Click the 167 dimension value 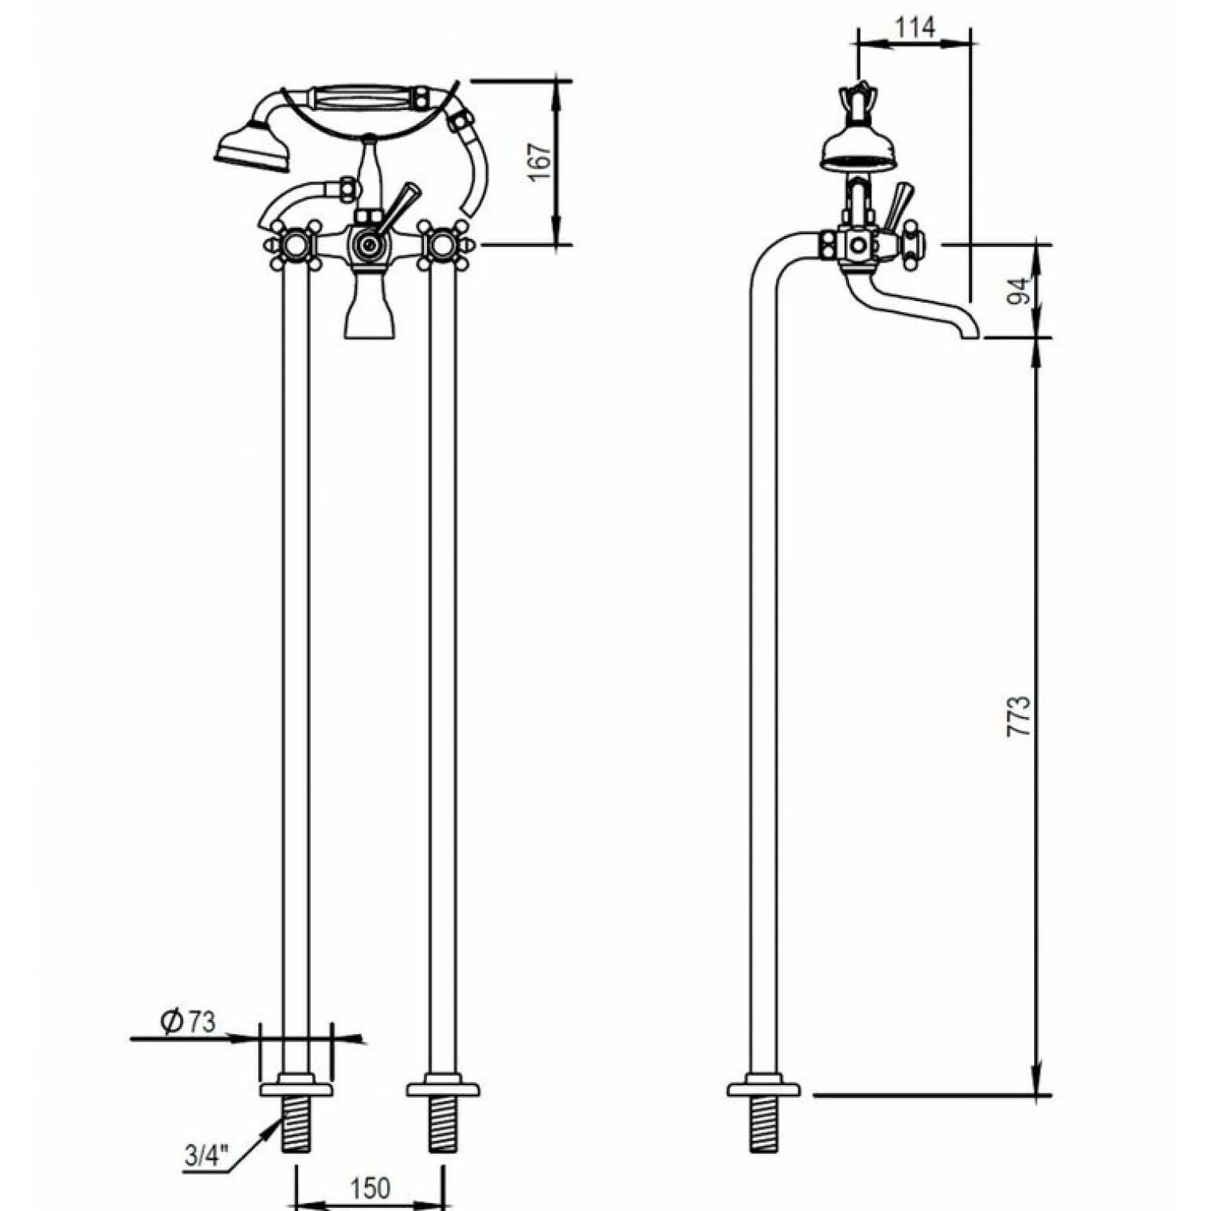click(540, 161)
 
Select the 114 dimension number click(915, 28)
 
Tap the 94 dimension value click(1020, 291)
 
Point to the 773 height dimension click(1018, 716)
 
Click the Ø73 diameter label click(187, 1021)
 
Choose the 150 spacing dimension click(369, 1187)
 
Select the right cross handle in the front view click(441, 245)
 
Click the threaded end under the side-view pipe click(763, 1125)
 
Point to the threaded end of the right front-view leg click(443, 1125)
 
